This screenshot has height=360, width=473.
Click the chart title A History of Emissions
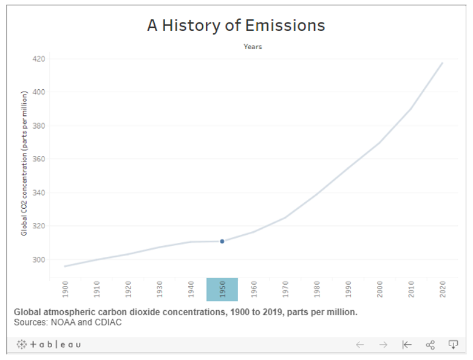236,25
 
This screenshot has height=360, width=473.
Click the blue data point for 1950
222,242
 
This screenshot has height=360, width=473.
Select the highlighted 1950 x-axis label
222,290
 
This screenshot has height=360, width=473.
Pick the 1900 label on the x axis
66,290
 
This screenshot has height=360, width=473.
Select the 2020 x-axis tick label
442,290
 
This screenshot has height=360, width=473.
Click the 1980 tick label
317,290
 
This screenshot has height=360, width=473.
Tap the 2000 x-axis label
379,290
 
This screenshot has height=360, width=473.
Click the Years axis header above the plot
253,47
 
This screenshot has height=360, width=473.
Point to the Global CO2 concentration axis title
24,163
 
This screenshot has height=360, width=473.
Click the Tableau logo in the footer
49,345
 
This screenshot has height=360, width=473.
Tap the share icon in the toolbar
430,345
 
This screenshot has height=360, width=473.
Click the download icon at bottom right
453,345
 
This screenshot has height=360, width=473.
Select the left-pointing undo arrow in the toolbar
360,345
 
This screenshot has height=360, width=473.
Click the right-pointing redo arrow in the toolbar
383,345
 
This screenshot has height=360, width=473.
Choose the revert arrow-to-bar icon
406,345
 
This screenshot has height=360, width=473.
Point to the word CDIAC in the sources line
107,322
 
